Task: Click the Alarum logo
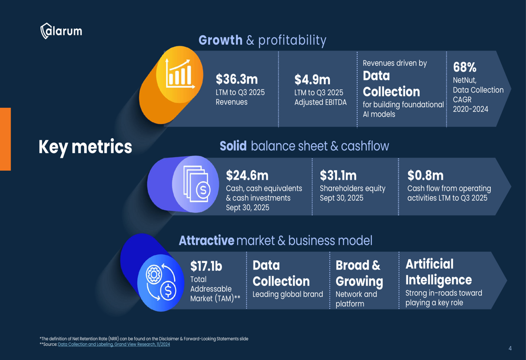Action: pos(61,31)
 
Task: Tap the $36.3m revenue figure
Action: pos(237,79)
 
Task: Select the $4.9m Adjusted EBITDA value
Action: pos(312,79)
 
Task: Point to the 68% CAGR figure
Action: pos(464,67)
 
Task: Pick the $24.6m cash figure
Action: pos(247,175)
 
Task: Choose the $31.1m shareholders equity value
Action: pos(338,175)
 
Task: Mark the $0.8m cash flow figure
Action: pos(425,175)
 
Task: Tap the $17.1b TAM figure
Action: pos(206,266)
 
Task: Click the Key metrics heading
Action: pos(85,147)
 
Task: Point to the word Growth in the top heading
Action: pos(220,40)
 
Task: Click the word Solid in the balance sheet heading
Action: pos(233,146)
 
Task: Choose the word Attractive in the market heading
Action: pos(206,241)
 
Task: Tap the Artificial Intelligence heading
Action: pos(438,272)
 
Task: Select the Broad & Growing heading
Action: pos(359,273)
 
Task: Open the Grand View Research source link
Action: pos(114,344)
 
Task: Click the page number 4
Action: pos(510,348)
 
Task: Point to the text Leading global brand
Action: pos(288,294)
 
